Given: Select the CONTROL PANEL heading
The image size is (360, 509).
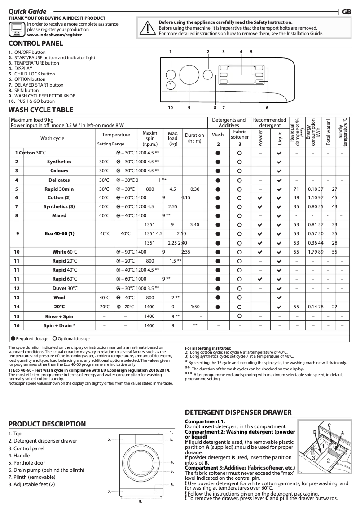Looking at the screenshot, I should pyautogui.click(x=36, y=44).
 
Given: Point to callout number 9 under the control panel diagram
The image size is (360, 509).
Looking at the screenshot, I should pyautogui.click(x=189, y=108).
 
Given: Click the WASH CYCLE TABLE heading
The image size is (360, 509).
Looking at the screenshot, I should pyautogui.click(x=41, y=110).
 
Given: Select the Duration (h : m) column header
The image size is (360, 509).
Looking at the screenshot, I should pyautogui.click(x=194, y=138).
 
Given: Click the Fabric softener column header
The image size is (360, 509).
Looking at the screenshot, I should pyautogui.click(x=240, y=135).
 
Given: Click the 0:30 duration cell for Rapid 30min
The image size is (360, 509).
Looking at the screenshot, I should pyautogui.click(x=194, y=189).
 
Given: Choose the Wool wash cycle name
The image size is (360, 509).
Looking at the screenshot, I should pyautogui.click(x=59, y=298).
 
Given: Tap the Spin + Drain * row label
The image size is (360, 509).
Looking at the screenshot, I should pyautogui.click(x=59, y=325).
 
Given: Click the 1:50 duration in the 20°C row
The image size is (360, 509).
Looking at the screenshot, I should pyautogui.click(x=194, y=307).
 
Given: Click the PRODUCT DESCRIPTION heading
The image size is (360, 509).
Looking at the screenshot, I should pyautogui.click(x=47, y=424).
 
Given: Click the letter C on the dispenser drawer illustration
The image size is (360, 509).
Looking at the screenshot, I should pyautogui.click(x=329, y=424).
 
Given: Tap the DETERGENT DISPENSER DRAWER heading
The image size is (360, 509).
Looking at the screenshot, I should pyautogui.click(x=238, y=412).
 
